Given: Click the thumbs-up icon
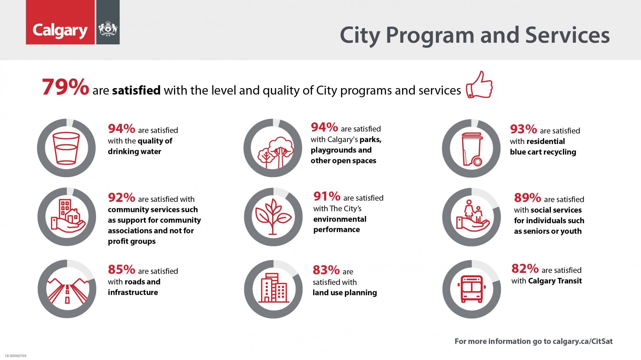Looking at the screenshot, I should point(479,85).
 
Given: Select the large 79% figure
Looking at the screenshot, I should point(65,87).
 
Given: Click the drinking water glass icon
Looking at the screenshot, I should point(66,148).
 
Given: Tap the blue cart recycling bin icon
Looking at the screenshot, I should point(471,149).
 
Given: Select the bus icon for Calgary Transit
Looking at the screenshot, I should point(471,289).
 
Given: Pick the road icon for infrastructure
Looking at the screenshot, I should point(67,290).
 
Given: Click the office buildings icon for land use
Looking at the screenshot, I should point(274,288).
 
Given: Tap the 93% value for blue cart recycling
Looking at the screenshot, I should point(523,129).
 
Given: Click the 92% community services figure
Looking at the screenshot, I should point(121,198).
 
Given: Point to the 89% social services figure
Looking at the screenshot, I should point(527,198).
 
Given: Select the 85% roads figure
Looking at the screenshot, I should point(121,270).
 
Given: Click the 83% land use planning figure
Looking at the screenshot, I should point(326,270).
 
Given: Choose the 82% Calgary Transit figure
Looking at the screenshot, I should point(525,269).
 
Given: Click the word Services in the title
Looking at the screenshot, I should point(567,35).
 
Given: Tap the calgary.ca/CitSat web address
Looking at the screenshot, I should point(583,341).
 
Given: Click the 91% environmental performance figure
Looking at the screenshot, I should point(327,197).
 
